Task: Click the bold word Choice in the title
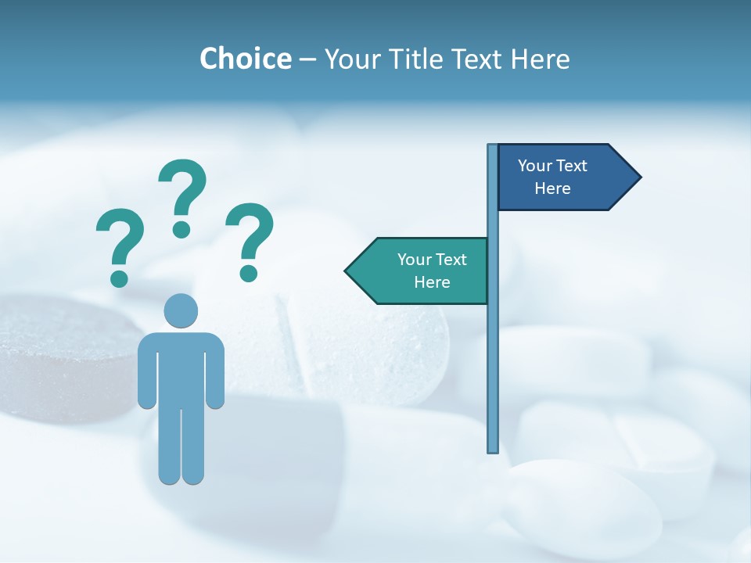245,59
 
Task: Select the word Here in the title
539,59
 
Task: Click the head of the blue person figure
181,310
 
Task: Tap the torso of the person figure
181,368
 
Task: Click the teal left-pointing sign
422,271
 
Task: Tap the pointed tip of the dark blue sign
638,178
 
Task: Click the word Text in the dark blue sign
572,166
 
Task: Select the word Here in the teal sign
432,282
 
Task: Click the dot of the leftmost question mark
119,278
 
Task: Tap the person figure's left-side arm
146,371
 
